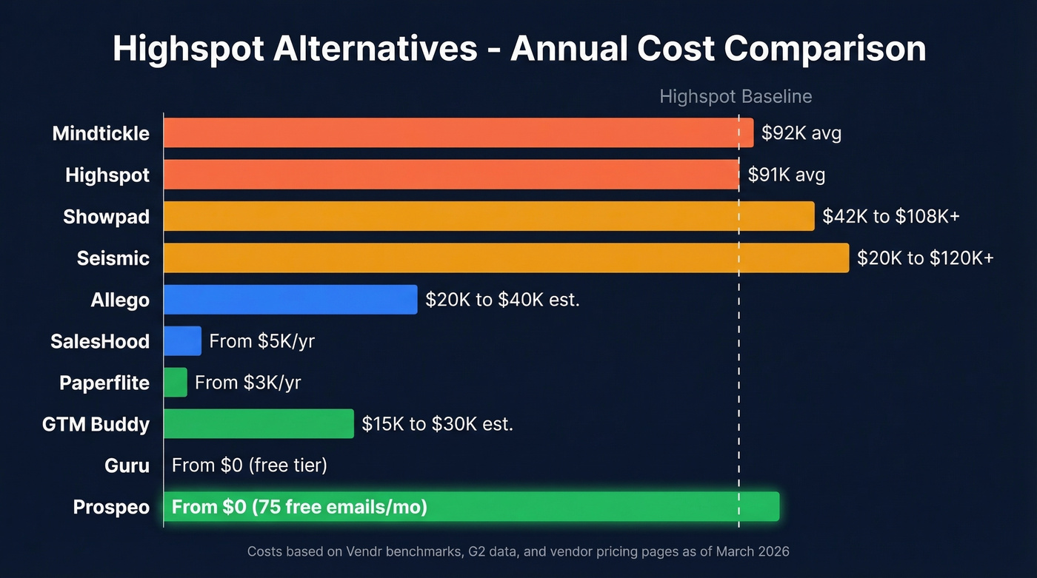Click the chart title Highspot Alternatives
(x=518, y=50)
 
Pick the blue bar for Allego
(x=290, y=300)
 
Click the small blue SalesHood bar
(x=182, y=341)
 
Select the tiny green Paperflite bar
(x=176, y=383)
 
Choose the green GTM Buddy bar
(x=259, y=424)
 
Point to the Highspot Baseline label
(x=736, y=97)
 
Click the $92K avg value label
(x=801, y=134)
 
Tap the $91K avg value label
(x=786, y=175)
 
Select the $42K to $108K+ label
(x=891, y=217)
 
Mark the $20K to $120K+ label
(x=925, y=258)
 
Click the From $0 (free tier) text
(x=250, y=466)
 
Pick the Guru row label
(x=127, y=466)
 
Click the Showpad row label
(x=106, y=217)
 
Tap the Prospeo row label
(x=111, y=507)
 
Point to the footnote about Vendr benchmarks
(x=518, y=551)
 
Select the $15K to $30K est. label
(x=437, y=424)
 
